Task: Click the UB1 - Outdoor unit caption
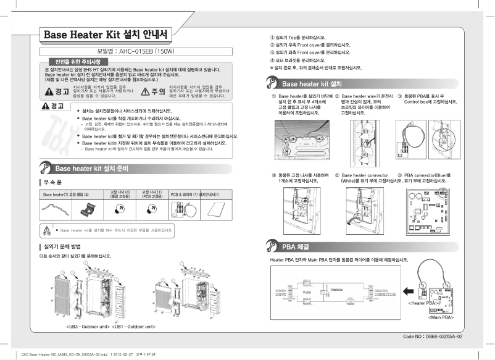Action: pos(134,325)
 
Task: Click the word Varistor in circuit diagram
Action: pos(336,289)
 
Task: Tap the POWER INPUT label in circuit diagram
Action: pos(282,291)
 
